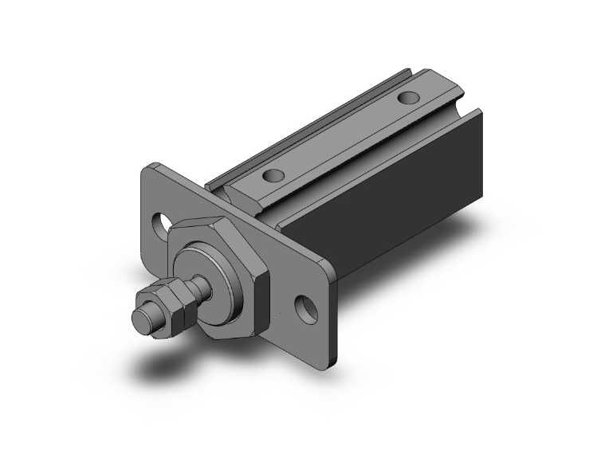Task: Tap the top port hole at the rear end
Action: (x=407, y=100)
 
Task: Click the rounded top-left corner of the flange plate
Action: (x=151, y=170)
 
